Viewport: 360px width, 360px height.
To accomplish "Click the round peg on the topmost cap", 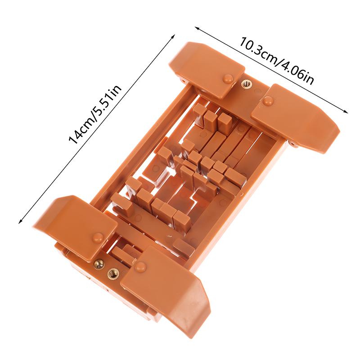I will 228,78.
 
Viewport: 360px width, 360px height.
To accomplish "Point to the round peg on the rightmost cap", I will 268,101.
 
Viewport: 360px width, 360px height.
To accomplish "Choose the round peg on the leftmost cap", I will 98,237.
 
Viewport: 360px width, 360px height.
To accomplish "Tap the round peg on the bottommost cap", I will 141,266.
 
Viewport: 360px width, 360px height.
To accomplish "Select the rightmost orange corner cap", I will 297,117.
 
